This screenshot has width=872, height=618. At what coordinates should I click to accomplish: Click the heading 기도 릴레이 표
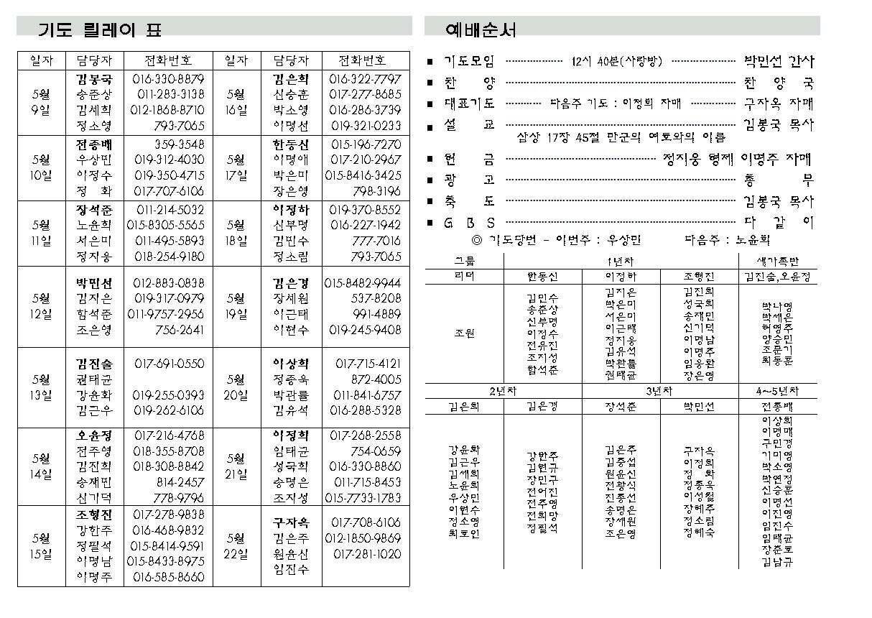(100, 29)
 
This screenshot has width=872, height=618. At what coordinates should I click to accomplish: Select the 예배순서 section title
(481, 29)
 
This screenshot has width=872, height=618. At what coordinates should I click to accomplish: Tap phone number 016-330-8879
(168, 78)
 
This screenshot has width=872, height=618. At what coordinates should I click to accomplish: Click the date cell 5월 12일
(42, 306)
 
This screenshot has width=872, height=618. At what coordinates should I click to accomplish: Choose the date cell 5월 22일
(236, 546)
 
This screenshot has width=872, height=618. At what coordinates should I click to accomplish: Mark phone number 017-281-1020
(367, 554)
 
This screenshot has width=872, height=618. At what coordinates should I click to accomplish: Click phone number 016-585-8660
(169, 577)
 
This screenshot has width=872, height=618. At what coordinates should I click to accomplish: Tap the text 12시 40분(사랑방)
(617, 62)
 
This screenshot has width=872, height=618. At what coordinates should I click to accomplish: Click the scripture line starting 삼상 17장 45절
(621, 137)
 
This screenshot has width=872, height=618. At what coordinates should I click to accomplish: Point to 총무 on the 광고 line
(779, 180)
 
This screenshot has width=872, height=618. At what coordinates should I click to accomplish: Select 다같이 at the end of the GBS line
(779, 223)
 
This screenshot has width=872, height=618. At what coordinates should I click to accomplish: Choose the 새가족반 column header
(778, 262)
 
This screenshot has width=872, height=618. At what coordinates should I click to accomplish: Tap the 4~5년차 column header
(776, 392)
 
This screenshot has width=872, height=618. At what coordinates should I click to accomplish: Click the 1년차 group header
(620, 262)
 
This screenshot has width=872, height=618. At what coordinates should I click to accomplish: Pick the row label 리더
(464, 276)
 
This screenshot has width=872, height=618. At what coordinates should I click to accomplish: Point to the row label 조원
(464, 333)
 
